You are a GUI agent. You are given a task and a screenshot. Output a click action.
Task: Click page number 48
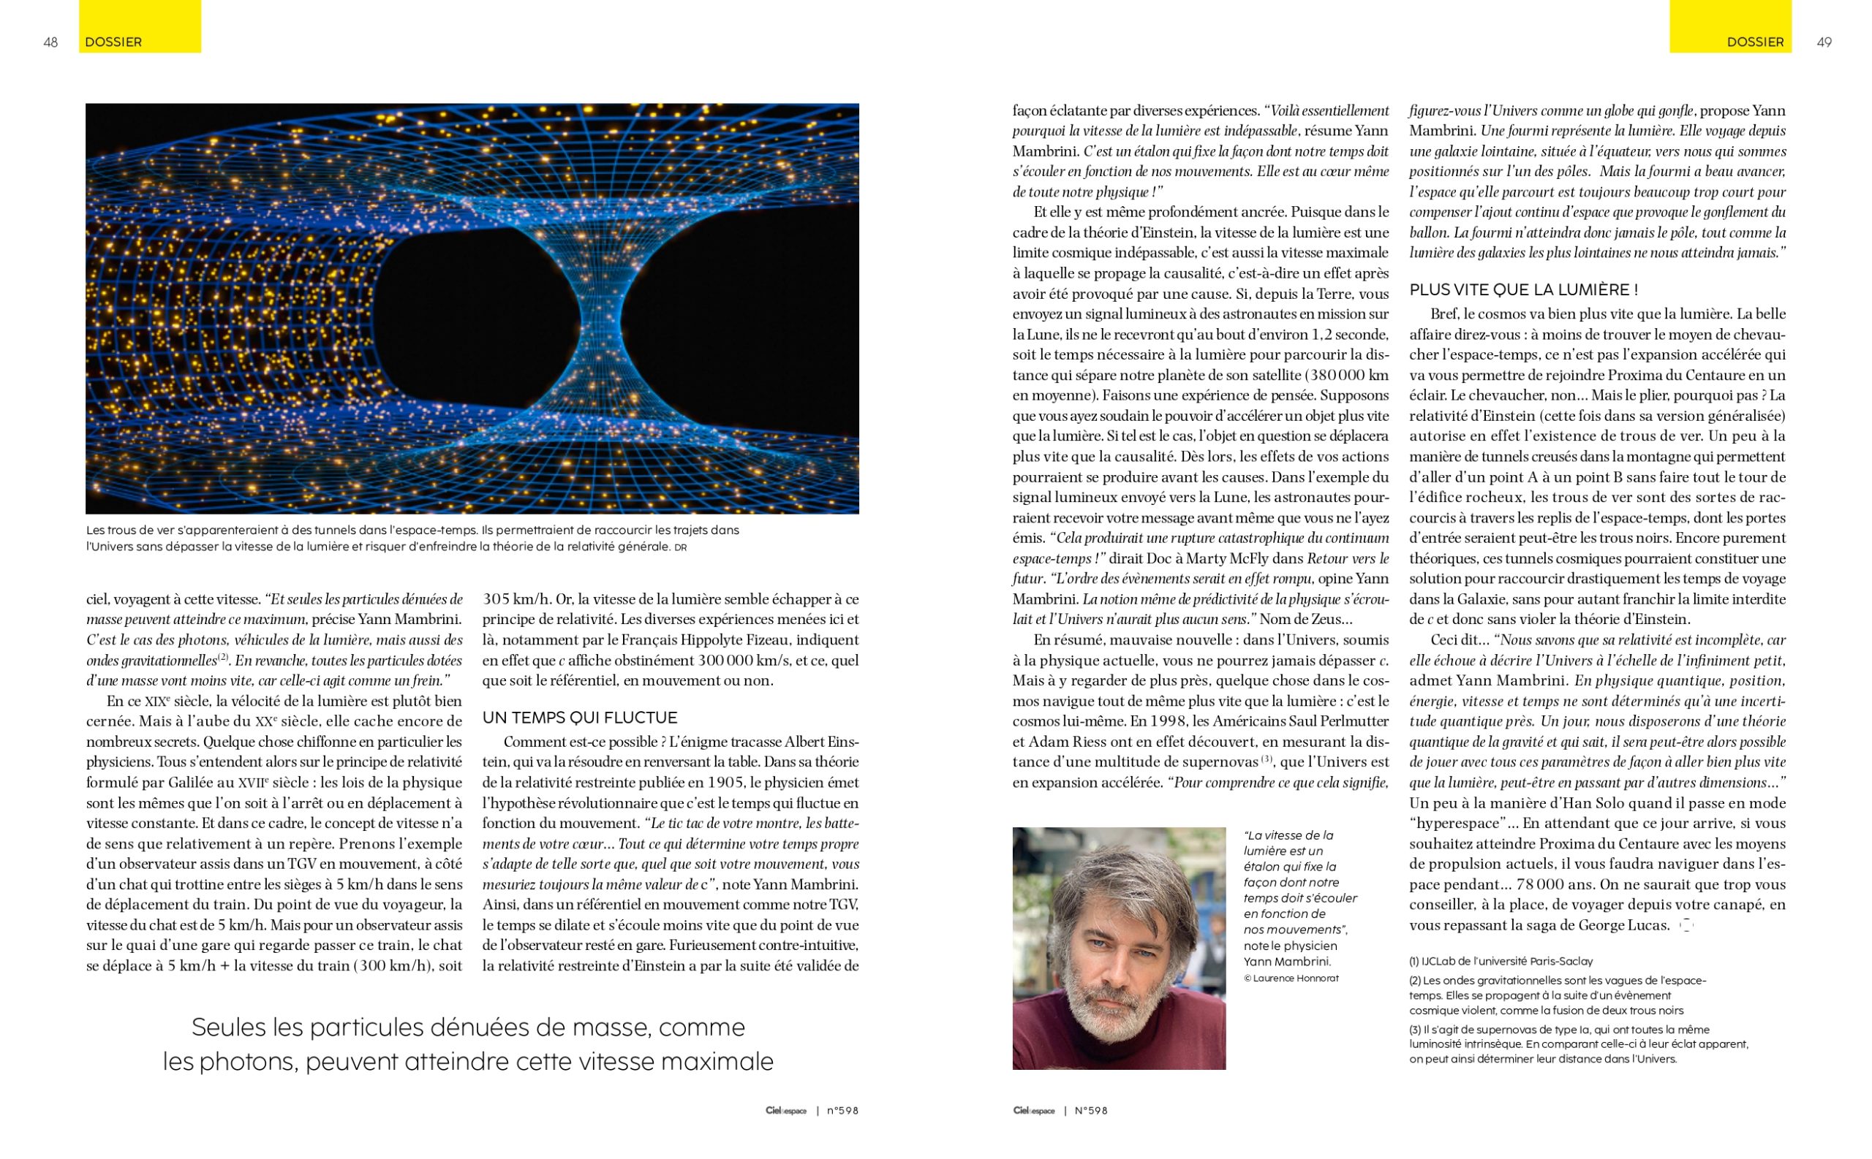50,42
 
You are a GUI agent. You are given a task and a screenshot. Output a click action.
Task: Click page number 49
1824,42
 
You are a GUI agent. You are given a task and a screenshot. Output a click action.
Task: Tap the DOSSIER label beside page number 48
113,42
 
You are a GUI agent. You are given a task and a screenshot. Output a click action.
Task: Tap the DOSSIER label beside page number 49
1755,42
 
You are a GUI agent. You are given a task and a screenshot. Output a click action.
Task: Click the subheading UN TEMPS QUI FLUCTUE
579,718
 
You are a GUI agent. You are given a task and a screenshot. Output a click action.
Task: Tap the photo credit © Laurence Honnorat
1291,978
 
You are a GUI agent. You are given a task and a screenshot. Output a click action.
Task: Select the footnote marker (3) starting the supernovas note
1415,1030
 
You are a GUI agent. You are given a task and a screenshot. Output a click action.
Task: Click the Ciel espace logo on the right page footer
1033,1111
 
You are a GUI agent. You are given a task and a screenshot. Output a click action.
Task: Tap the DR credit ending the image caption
679,548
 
